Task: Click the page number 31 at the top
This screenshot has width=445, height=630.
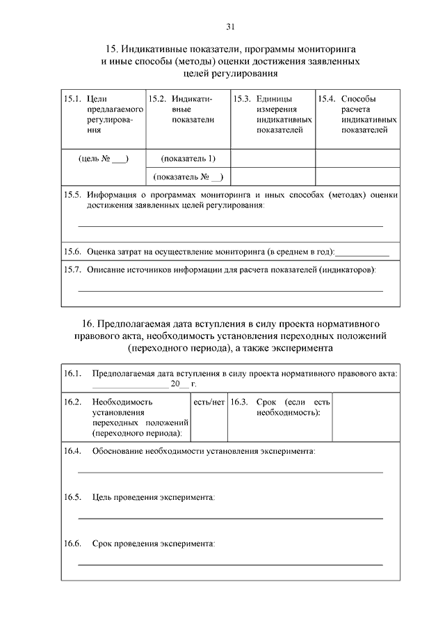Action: coord(230,27)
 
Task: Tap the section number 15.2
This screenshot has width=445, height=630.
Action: coord(156,100)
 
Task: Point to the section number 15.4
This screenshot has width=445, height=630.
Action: coord(327,100)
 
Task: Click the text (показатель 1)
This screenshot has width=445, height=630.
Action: coord(188,158)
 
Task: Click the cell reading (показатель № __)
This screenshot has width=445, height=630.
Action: coord(188,177)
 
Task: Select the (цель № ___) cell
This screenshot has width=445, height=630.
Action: coord(104,159)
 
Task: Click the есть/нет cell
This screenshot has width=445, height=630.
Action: coord(209,402)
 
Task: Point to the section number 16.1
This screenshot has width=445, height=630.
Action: coord(73,374)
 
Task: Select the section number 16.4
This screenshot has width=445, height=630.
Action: coord(73,452)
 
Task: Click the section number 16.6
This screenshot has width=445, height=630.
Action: coord(73,543)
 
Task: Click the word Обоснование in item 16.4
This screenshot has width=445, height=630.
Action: coord(118,452)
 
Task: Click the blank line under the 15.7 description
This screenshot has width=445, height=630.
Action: coord(230,290)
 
